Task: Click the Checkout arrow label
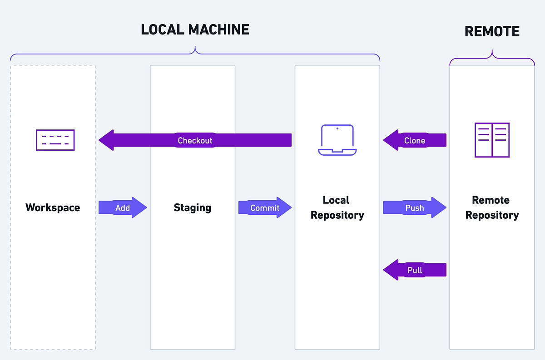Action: pyautogui.click(x=195, y=140)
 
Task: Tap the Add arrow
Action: pyautogui.click(x=123, y=207)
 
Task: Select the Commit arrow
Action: pyautogui.click(x=265, y=207)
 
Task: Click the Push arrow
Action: pyautogui.click(x=414, y=207)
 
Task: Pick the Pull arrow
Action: pyautogui.click(x=415, y=270)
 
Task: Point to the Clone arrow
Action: pyautogui.click(x=415, y=140)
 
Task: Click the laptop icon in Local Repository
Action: pyautogui.click(x=337, y=140)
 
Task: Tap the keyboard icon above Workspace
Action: pyautogui.click(x=55, y=140)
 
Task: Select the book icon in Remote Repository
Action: pyautogui.click(x=492, y=140)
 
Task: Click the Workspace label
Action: pyautogui.click(x=53, y=207)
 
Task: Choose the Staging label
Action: pyautogui.click(x=193, y=207)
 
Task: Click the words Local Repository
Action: pyautogui.click(x=337, y=207)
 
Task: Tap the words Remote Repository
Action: pyautogui.click(x=492, y=207)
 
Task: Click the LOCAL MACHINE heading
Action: pyautogui.click(x=195, y=30)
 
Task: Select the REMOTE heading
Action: pyautogui.click(x=492, y=31)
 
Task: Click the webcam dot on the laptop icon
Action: pyautogui.click(x=337, y=128)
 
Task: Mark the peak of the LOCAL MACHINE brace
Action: pyautogui.click(x=195, y=47)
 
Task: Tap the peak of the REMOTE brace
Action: pyautogui.click(x=492, y=51)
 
